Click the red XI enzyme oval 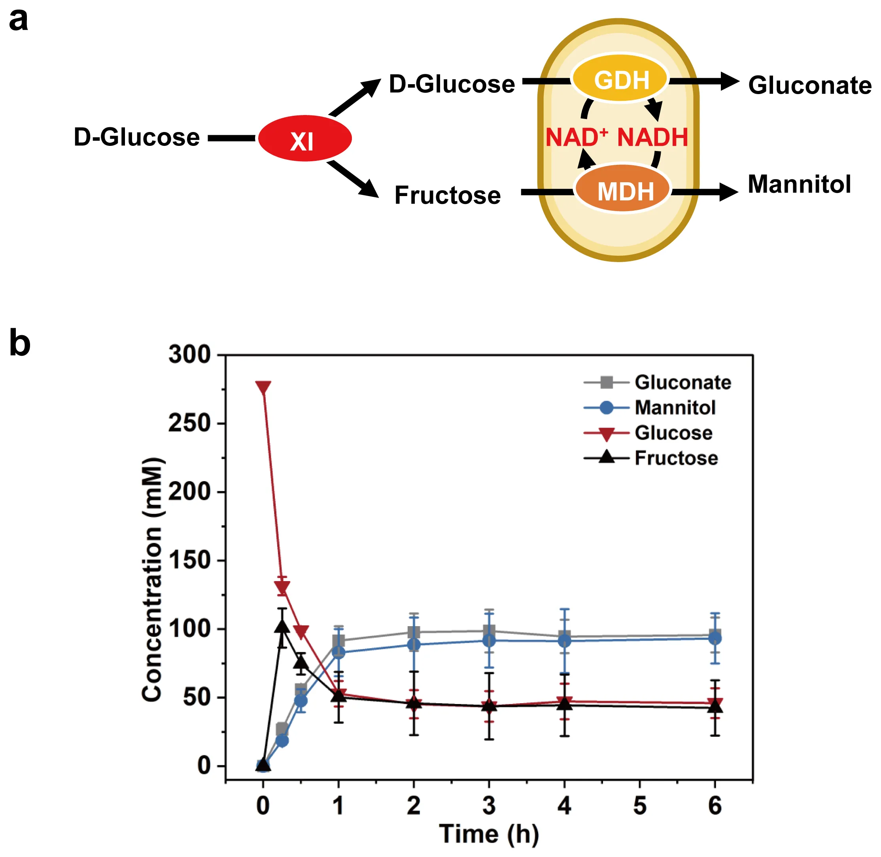pyautogui.click(x=304, y=138)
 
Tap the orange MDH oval pyautogui.click(x=623, y=191)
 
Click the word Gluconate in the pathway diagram pyautogui.click(x=809, y=85)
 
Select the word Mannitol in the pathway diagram pyautogui.click(x=799, y=184)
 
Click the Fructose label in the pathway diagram pyautogui.click(x=447, y=195)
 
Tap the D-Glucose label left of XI pyautogui.click(x=136, y=137)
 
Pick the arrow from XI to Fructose pyautogui.click(x=354, y=179)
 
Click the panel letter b pyautogui.click(x=19, y=344)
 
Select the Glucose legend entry pyautogui.click(x=673, y=433)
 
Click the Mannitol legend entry pyautogui.click(x=674, y=408)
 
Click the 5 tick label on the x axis pyautogui.click(x=639, y=805)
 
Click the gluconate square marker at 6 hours pyautogui.click(x=715, y=636)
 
